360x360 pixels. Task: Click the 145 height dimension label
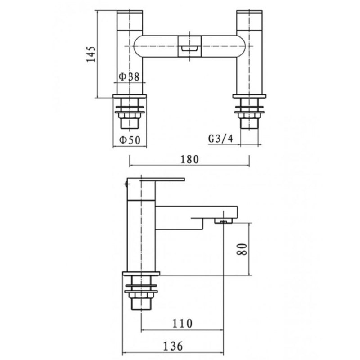tap(91, 54)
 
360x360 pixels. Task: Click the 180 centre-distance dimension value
tap(189, 159)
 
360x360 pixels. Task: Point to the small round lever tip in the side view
tap(125, 184)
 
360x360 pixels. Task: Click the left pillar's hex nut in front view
tap(131, 121)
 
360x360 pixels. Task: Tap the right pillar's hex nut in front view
tap(249, 121)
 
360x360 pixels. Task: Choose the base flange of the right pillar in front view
tap(249, 96)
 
